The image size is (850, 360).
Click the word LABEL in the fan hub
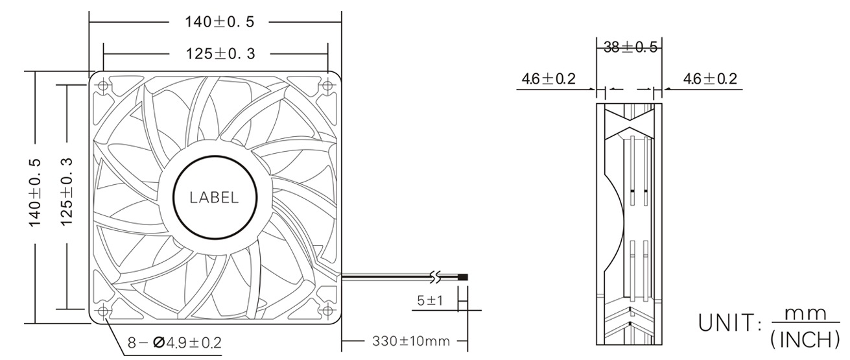(214, 198)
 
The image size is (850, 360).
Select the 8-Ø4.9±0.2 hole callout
(174, 342)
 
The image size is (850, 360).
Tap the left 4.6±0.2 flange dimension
(549, 79)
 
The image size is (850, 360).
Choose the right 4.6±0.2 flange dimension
(710, 79)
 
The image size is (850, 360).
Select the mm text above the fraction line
(804, 313)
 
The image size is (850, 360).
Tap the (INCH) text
(804, 338)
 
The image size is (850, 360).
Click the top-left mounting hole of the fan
(104, 84)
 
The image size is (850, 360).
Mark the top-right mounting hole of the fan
(327, 84)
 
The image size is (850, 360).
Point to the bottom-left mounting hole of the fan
(104, 311)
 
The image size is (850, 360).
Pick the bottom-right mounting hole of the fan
(327, 311)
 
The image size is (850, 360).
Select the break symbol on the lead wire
(436, 278)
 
